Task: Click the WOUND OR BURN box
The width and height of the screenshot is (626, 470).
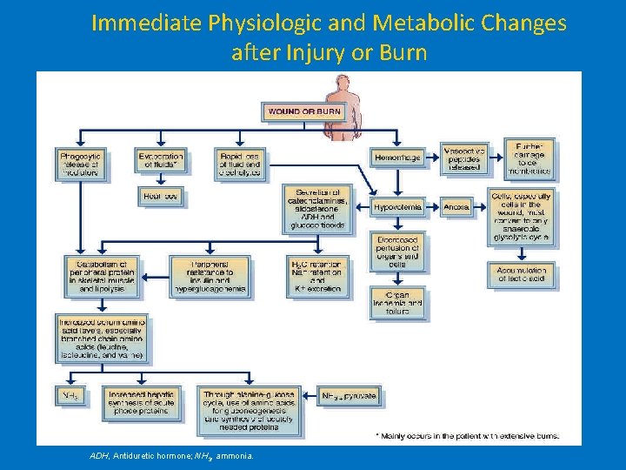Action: point(304,111)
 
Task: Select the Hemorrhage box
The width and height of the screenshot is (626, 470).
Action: point(397,158)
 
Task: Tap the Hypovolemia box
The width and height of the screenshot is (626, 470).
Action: point(397,207)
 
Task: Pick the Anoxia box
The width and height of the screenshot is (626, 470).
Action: point(456,207)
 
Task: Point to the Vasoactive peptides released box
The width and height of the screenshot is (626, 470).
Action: point(463,158)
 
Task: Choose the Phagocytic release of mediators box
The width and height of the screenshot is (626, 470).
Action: point(81,163)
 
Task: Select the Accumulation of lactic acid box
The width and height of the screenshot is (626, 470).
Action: point(521,274)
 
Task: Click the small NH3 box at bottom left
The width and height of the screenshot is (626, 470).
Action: point(72,396)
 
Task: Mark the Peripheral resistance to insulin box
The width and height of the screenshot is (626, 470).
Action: point(211,275)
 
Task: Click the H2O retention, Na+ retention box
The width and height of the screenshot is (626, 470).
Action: point(317,275)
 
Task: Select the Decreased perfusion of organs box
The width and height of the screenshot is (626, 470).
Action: point(397,251)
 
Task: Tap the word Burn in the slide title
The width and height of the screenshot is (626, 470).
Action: point(402,52)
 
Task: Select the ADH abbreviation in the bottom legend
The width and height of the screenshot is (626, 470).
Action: point(100,456)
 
